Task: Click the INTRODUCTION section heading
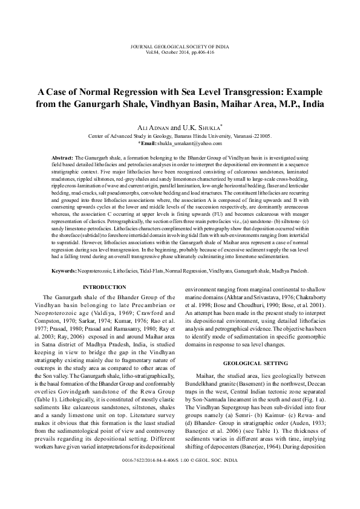point(105,287)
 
